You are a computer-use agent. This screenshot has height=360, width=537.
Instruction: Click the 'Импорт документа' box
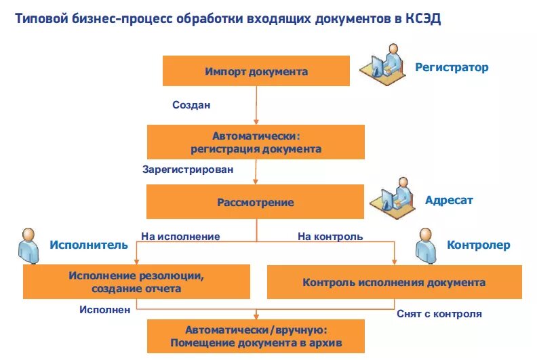tap(256, 71)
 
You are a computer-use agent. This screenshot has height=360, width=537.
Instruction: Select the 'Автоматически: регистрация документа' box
tap(256, 142)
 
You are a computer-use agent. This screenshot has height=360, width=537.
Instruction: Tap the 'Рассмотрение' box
tap(256, 202)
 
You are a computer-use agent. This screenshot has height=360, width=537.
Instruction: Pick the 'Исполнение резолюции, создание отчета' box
tap(136, 282)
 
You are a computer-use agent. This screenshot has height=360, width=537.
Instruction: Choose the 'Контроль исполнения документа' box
tap(394, 282)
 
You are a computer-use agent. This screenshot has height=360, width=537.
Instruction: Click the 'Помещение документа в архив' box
tap(256, 336)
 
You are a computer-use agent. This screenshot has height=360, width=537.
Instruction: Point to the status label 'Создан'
tap(191, 105)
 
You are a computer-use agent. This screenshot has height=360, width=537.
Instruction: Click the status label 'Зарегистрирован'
tap(188, 169)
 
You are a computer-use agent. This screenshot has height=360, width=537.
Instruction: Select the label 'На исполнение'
tap(180, 237)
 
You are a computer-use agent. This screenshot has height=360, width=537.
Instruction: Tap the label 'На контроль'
tap(330, 237)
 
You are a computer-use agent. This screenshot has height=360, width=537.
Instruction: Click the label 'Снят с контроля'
tap(439, 314)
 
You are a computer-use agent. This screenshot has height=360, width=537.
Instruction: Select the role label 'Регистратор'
tap(452, 68)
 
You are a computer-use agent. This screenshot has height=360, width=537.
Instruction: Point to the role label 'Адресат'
tap(449, 201)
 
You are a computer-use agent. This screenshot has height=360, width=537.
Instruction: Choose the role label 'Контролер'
tap(478, 245)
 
